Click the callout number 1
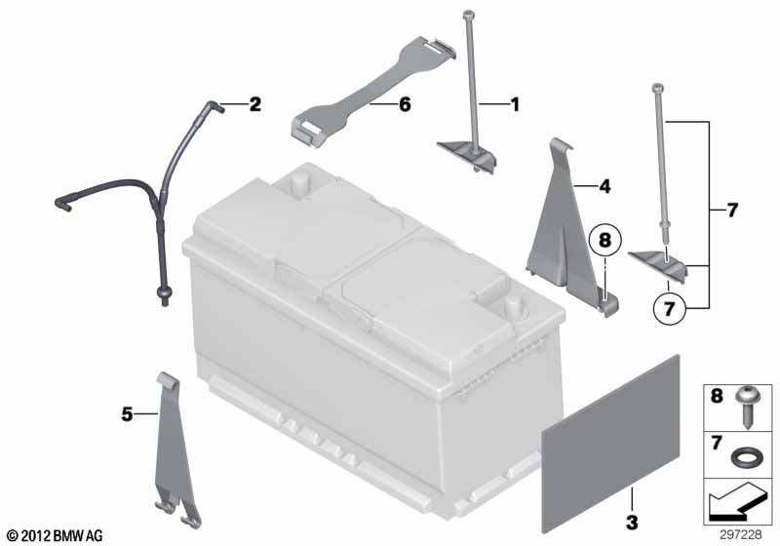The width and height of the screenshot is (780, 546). [516, 104]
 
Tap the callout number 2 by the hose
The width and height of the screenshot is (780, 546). [254, 104]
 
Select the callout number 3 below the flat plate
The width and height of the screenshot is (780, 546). [632, 523]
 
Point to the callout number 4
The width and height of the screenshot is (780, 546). [604, 186]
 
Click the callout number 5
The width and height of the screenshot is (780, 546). [128, 413]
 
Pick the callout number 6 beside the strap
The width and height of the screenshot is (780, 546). [405, 104]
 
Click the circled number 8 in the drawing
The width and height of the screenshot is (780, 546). [604, 240]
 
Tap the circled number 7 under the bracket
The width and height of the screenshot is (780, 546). [670, 308]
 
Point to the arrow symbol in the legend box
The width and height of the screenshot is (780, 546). [738, 502]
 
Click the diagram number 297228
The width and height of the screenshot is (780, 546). [740, 534]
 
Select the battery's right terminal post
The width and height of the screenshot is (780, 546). [512, 306]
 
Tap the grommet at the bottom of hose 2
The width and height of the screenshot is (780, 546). [164, 294]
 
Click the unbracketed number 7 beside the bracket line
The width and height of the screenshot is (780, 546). [732, 211]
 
